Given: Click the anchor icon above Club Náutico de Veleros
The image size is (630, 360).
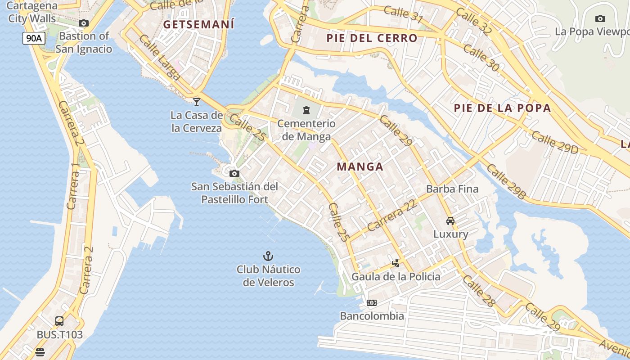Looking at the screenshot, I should click(268, 256).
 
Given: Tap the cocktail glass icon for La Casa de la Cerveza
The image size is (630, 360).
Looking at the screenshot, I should click(196, 102).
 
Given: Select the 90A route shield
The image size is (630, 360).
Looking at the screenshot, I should click(34, 38).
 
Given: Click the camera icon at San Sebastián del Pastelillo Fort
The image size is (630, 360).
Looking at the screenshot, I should click(234, 173).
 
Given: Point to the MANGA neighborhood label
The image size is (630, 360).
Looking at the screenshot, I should click(360, 167).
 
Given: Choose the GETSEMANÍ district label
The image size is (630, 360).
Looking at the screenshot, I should click(199, 24).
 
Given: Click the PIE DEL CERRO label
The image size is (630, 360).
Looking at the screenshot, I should click(372, 38).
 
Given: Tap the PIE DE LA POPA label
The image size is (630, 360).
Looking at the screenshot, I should click(502, 108).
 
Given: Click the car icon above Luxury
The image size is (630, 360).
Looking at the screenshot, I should click(450, 221).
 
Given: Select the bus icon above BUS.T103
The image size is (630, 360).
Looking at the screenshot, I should click(59, 321).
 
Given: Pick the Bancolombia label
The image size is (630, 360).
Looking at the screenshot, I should click(372, 316).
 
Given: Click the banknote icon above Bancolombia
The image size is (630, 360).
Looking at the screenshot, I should click(372, 303).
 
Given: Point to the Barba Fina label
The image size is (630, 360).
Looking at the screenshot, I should click(452, 189).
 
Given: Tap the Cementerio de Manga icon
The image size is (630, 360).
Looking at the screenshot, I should click(306, 110).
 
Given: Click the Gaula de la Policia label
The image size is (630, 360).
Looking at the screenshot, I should click(396, 276).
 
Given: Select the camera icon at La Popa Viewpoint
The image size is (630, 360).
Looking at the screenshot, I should click(600, 18).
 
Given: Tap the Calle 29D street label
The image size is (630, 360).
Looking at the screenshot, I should click(554, 143).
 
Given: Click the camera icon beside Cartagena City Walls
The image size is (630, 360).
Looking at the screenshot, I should click(83, 23).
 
